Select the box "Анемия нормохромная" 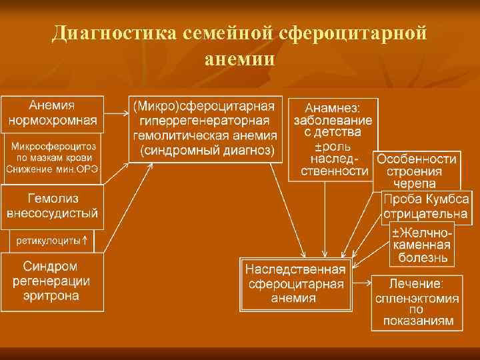tap(53, 114)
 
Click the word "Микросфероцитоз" tap(53, 145)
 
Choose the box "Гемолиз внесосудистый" tap(53, 206)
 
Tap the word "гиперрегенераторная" tap(205, 121)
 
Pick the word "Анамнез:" tap(333, 108)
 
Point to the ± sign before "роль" tap(318, 146)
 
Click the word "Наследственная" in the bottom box tap(295, 270)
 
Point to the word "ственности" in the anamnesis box tap(333, 171)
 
